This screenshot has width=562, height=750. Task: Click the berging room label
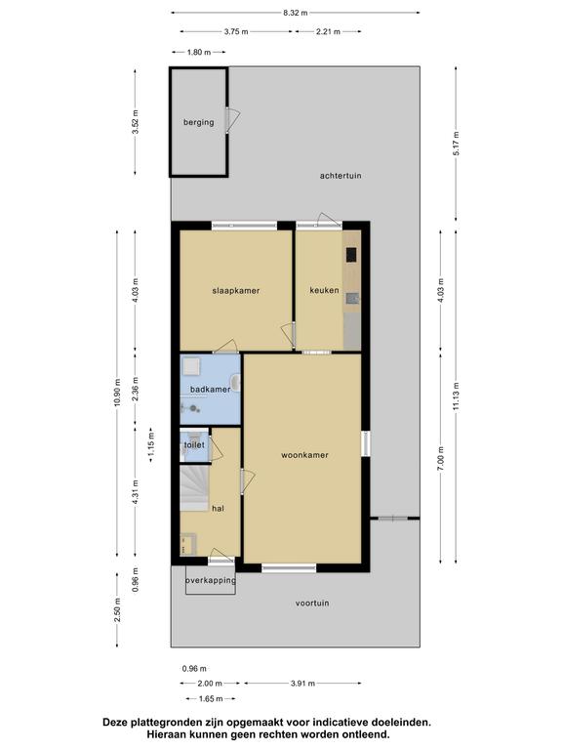point(198,122)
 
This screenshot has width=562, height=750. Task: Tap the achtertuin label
point(341,176)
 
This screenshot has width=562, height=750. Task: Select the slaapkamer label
point(236,290)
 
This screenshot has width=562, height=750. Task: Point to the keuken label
point(325,290)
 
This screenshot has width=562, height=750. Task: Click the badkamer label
point(211,390)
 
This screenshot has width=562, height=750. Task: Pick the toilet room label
point(194,445)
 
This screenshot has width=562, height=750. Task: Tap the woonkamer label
point(304,455)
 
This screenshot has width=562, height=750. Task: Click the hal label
point(218,509)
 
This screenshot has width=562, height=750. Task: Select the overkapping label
point(211,580)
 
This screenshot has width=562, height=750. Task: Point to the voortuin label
point(312,604)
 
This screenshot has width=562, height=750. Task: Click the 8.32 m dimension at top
point(296,13)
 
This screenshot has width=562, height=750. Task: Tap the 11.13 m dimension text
point(456,396)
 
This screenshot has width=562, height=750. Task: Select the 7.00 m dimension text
point(441,458)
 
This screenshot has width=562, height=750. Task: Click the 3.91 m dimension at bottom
point(303,684)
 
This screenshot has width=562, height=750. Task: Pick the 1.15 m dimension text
point(151,444)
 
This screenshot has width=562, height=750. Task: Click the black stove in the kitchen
point(351,255)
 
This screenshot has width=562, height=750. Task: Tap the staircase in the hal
point(194,488)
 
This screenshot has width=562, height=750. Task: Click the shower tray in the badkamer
point(191,367)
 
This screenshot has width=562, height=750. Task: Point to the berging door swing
point(233,118)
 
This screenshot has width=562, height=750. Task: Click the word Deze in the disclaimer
point(115,723)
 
